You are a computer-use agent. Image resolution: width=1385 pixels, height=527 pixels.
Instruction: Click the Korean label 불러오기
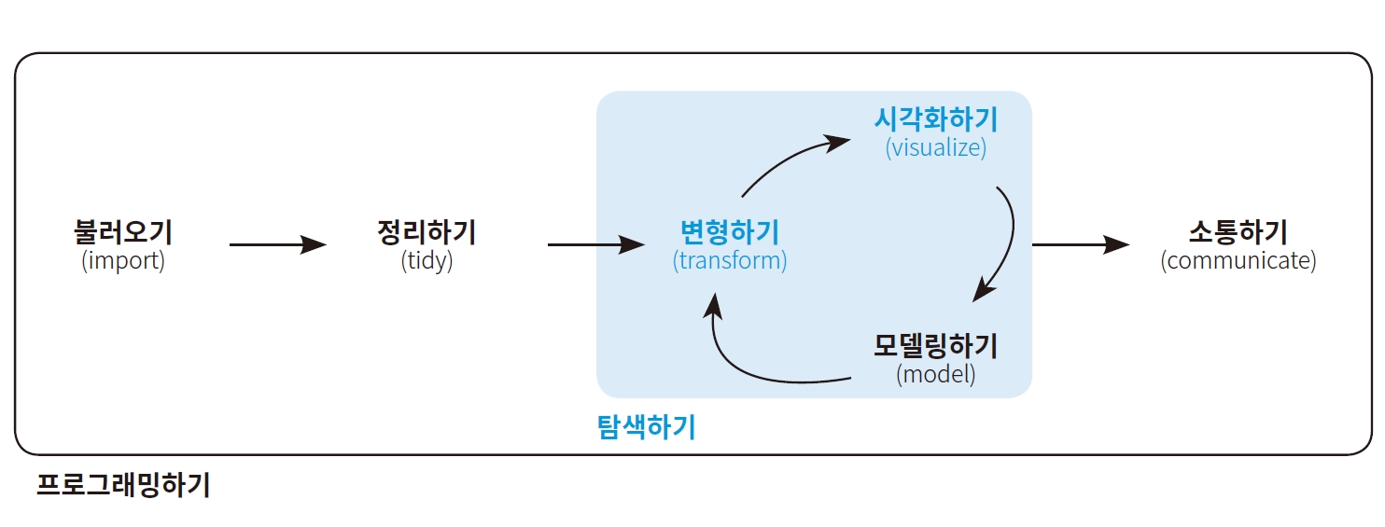[123, 231]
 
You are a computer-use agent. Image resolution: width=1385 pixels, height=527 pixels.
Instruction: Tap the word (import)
[123, 260]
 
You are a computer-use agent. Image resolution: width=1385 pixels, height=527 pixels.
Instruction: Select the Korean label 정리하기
[427, 231]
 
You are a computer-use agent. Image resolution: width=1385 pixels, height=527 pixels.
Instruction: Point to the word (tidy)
[427, 260]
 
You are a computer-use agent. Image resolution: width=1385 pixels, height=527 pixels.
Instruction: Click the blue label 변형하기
[730, 231]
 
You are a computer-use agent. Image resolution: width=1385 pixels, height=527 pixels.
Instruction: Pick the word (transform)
[730, 260]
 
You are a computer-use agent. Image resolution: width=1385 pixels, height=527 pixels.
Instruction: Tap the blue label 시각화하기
[936, 119]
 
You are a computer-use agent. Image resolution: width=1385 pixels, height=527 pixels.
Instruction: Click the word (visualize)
[936, 147]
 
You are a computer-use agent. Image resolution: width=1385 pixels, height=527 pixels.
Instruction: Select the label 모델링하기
[936, 346]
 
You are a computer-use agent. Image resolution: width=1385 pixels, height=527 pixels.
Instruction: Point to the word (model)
[936, 375]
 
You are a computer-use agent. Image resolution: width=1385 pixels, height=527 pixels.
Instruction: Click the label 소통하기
[1238, 231]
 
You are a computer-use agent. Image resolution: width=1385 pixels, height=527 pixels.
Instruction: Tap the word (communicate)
[1238, 260]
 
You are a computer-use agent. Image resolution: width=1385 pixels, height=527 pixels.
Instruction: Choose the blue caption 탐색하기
[646, 428]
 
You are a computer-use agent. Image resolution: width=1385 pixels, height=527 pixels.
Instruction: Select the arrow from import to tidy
[277, 245]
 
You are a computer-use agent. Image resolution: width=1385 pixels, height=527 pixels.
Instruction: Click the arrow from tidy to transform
[595, 245]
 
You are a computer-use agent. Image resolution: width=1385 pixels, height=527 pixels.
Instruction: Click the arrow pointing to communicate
[1081, 245]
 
